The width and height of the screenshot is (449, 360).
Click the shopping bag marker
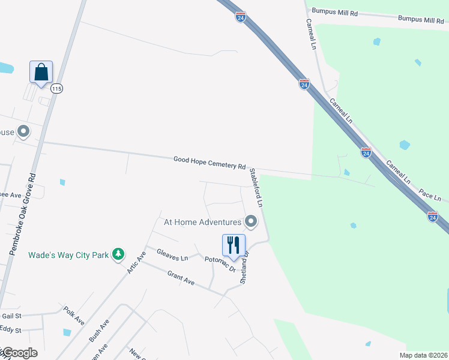41,72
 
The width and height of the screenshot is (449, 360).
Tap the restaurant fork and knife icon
234,245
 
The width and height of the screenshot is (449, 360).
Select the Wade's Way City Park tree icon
119,254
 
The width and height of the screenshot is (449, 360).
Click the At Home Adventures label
203,222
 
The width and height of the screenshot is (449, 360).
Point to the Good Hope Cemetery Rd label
209,163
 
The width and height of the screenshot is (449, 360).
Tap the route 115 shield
57,89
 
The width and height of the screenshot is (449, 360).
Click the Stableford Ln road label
256,188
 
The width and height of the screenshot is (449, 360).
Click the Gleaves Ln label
172,256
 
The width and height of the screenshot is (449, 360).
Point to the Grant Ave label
181,279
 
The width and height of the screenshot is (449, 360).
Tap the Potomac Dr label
219,264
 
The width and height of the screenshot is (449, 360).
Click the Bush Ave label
99,330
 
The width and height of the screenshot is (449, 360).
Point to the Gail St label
11,316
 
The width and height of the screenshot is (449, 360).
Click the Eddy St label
11,330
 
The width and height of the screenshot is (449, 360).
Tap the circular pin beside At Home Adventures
251,222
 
